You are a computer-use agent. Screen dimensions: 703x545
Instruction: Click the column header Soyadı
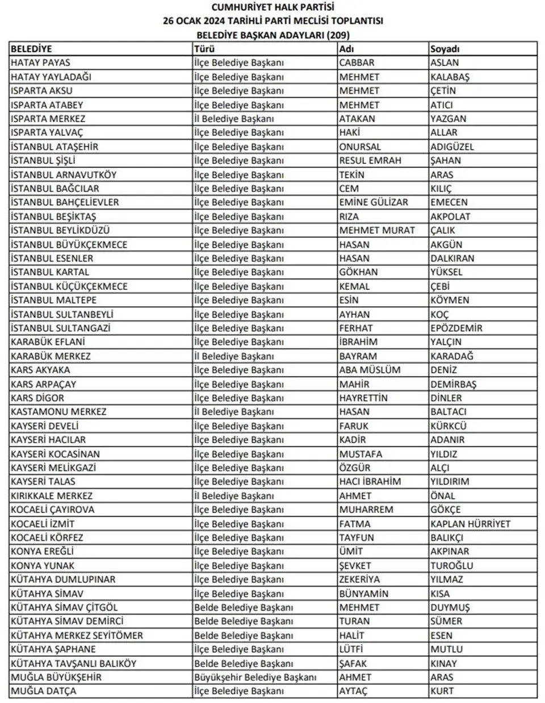pos(445,49)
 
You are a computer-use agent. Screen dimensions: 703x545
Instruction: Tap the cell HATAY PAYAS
pos(40,62)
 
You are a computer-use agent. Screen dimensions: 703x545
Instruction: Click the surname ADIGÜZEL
pos(452,146)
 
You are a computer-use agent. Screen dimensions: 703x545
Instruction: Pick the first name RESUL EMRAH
pos(370,161)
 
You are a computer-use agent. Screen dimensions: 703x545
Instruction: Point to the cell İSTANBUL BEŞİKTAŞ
pos(53,216)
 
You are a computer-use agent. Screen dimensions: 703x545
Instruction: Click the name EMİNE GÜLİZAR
pos(374,202)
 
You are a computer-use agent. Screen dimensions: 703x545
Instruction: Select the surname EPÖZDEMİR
pos(456,328)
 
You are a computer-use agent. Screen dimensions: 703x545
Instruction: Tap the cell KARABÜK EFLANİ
pos(48,342)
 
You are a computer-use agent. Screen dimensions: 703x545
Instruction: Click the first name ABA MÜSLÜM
pos(370,370)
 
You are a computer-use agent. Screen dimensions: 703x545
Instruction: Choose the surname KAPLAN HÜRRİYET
pos(470,524)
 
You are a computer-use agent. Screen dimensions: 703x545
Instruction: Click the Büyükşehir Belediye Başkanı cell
pos(255,677)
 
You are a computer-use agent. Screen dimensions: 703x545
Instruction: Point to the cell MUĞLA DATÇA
pos(43,691)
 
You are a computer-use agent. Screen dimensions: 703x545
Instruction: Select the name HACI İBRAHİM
pos(370,482)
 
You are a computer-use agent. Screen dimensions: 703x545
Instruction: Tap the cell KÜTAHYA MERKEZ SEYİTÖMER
pos(77,635)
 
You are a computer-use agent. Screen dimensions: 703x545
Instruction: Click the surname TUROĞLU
pos(451,566)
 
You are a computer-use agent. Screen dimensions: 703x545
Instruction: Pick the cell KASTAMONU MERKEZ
pos(58,412)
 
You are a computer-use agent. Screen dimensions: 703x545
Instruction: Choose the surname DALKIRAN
pos(452,258)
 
